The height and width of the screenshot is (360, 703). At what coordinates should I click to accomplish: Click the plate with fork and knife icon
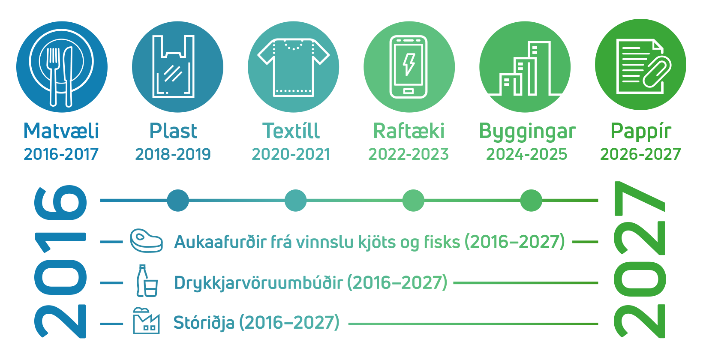[x=62, y=67]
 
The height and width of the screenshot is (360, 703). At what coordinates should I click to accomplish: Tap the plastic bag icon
[x=173, y=66]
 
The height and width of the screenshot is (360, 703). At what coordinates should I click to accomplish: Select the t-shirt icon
[x=294, y=67]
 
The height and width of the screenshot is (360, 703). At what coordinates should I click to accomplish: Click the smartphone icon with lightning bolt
[x=409, y=66]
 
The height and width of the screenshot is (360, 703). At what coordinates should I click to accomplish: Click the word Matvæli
[x=61, y=131]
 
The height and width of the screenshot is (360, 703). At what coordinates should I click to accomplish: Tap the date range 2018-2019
[x=173, y=154]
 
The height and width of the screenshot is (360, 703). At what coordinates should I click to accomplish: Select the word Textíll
[x=291, y=131]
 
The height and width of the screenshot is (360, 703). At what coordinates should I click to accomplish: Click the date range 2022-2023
[x=409, y=154]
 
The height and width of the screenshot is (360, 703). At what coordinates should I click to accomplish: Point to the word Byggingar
[x=527, y=132]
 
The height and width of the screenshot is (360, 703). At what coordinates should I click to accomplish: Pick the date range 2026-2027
[x=640, y=154]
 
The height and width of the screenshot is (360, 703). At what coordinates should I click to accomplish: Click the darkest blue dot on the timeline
[x=178, y=201]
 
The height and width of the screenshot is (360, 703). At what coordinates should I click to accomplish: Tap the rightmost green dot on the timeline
[x=531, y=201]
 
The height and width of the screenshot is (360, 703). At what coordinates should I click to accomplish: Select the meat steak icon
[x=147, y=241]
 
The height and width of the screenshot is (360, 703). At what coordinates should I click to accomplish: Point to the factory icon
[x=146, y=321]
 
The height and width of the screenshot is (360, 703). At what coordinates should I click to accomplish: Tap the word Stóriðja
[x=204, y=323]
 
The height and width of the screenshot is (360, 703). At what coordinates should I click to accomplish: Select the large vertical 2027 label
[x=640, y=260]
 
